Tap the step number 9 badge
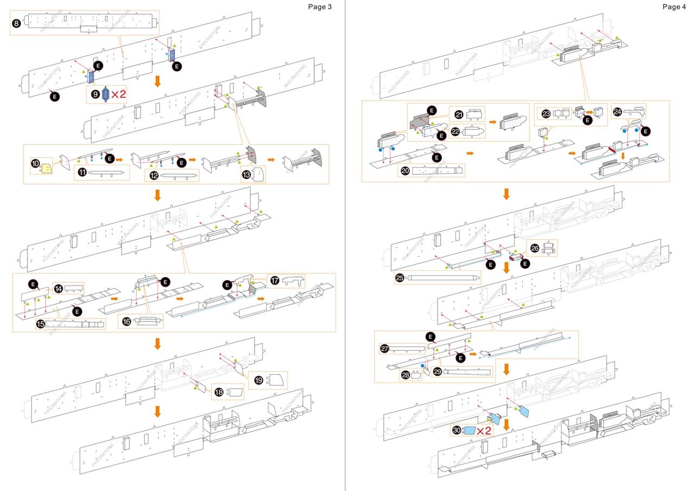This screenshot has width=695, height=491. point(95,94)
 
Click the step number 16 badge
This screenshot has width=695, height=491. point(127,322)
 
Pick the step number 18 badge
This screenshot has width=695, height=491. point(219,392)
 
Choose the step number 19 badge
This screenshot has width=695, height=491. point(258,380)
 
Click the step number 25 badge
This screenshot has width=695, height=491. point(401,278)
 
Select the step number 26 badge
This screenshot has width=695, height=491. point(535,248)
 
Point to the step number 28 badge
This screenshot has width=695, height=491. point(405,375)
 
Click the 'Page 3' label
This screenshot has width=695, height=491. point(319,7)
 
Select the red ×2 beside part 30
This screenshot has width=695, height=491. point(483,431)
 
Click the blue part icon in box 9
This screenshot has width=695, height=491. point(106,94)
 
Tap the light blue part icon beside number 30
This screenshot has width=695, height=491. point(469,431)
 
